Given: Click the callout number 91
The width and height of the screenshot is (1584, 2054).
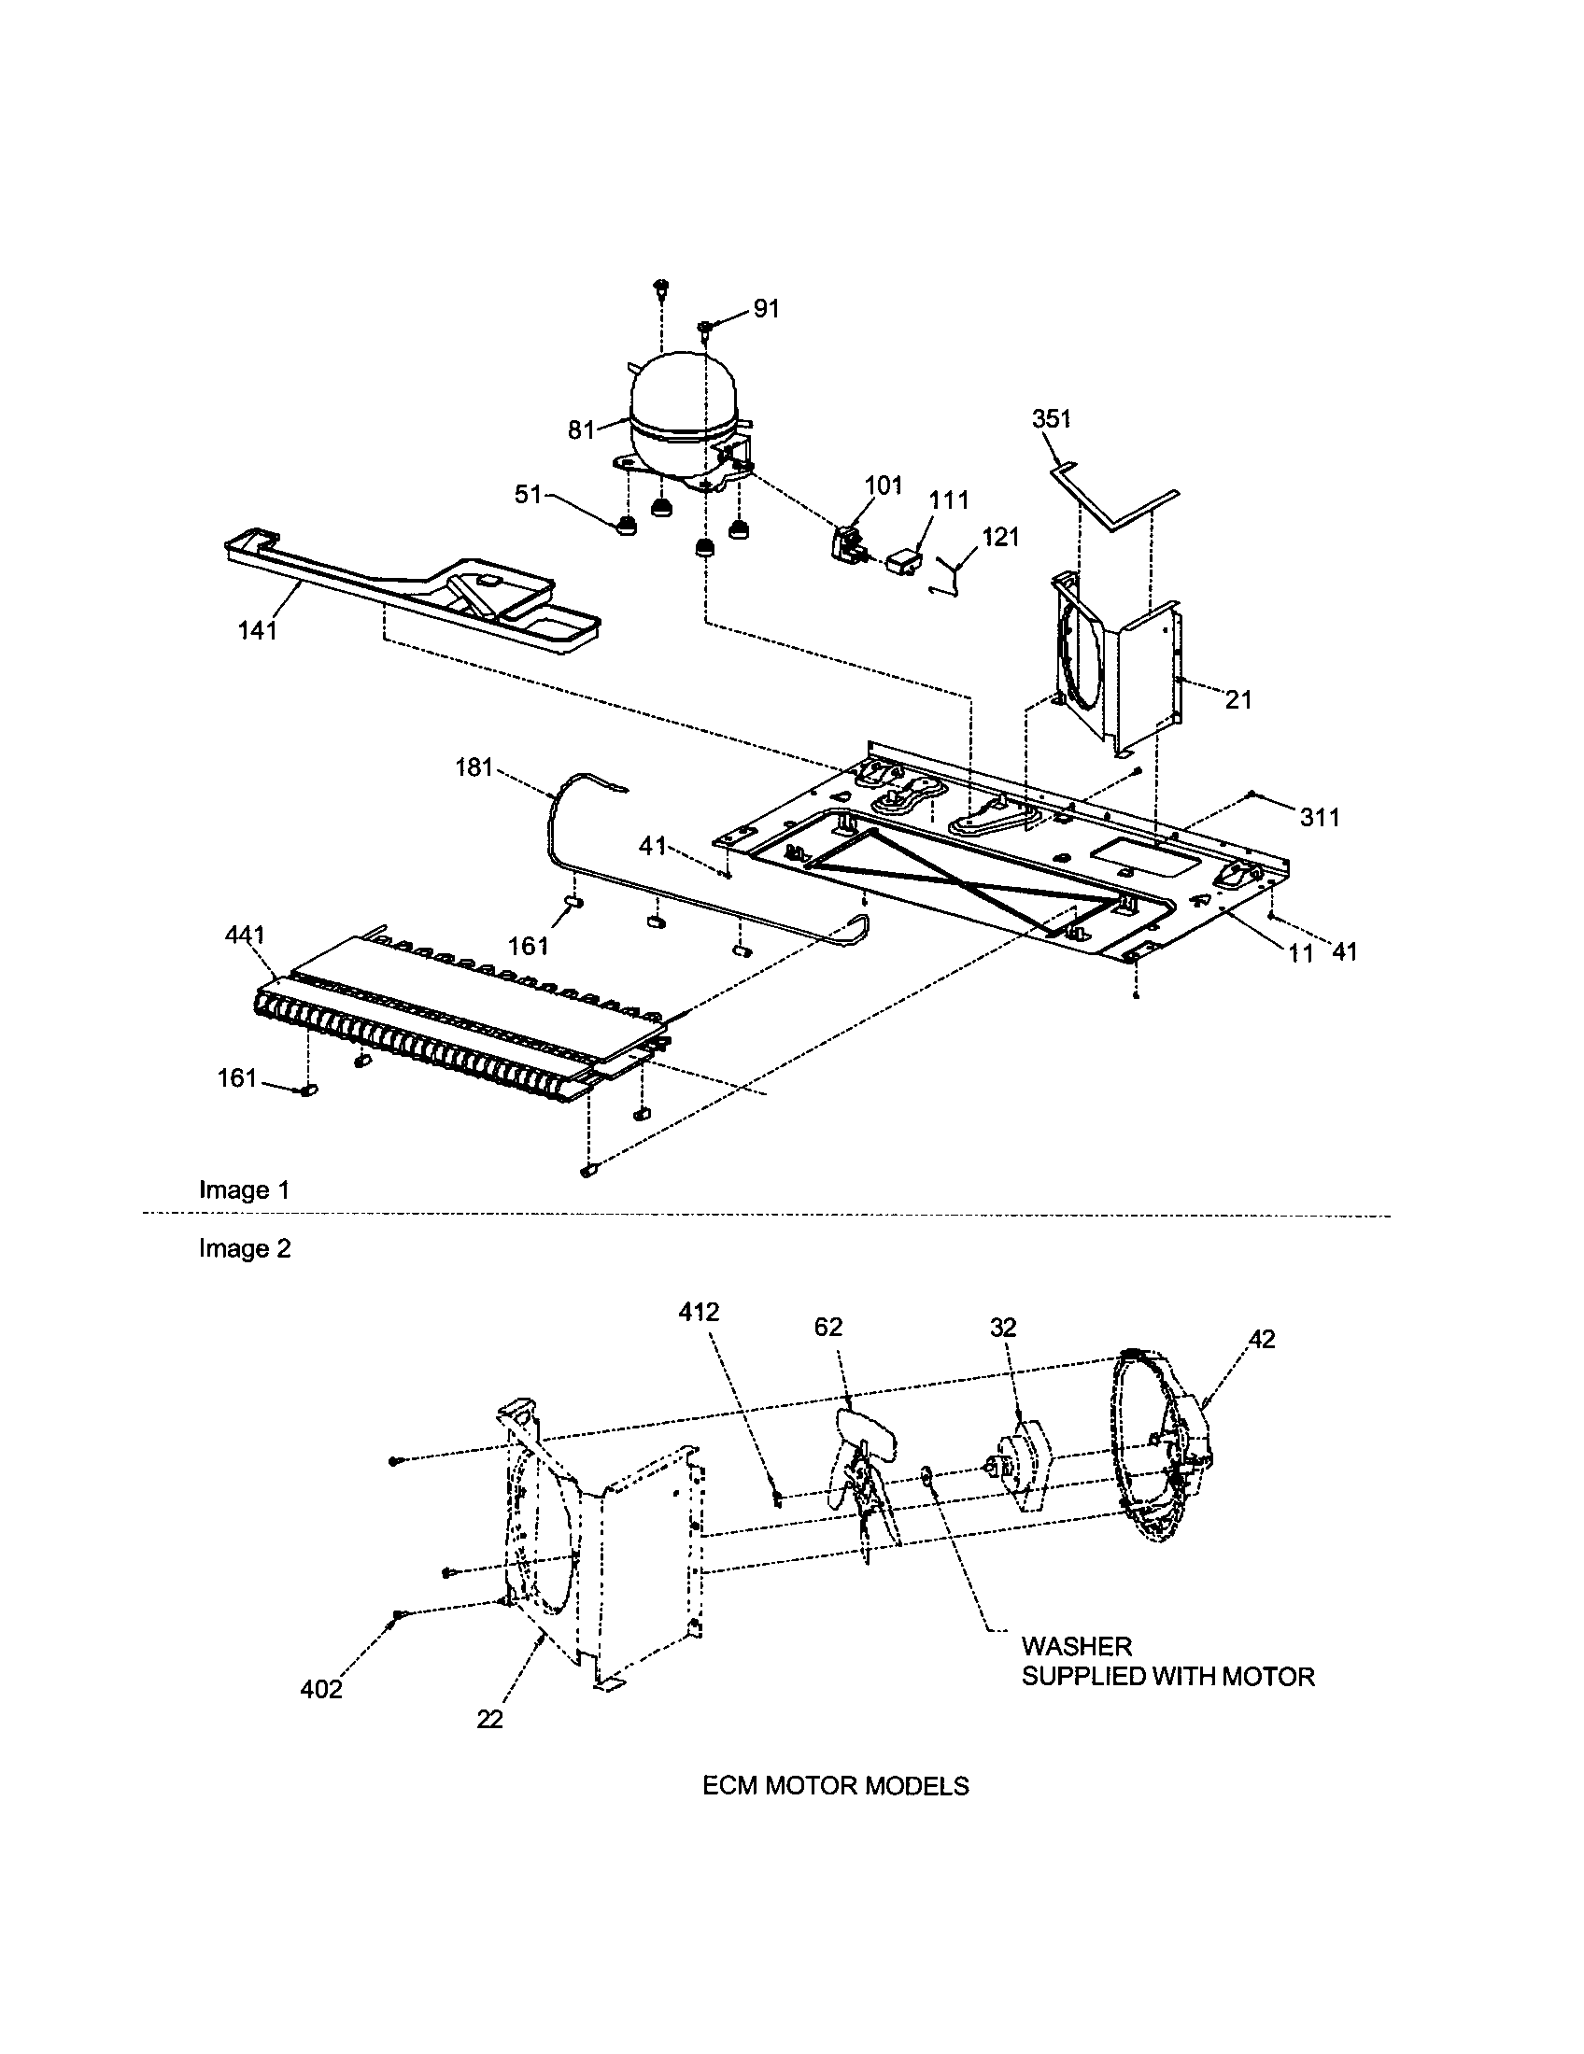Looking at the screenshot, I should [x=767, y=308].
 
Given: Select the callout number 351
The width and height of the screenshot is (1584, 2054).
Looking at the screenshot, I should [x=1052, y=419].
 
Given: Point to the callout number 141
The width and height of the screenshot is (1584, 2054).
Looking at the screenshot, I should [x=257, y=631].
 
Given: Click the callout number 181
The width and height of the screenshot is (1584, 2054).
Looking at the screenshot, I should [x=474, y=768].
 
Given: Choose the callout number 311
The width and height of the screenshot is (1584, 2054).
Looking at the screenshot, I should [x=1320, y=818].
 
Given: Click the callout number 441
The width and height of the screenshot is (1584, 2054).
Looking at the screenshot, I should [x=245, y=935].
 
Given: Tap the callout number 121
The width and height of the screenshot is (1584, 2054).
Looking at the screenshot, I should [x=1001, y=537].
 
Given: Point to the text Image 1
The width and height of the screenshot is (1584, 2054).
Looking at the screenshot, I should [x=244, y=1190].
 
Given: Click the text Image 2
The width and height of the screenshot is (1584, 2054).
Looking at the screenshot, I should [x=245, y=1249].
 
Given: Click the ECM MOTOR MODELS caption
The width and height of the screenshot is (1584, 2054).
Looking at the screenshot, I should [x=835, y=1786].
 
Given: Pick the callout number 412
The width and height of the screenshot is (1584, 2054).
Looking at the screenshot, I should [x=699, y=1312].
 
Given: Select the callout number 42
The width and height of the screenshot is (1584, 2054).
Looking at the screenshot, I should [x=1262, y=1339].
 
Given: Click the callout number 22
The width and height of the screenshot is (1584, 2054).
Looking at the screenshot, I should [x=489, y=1719].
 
